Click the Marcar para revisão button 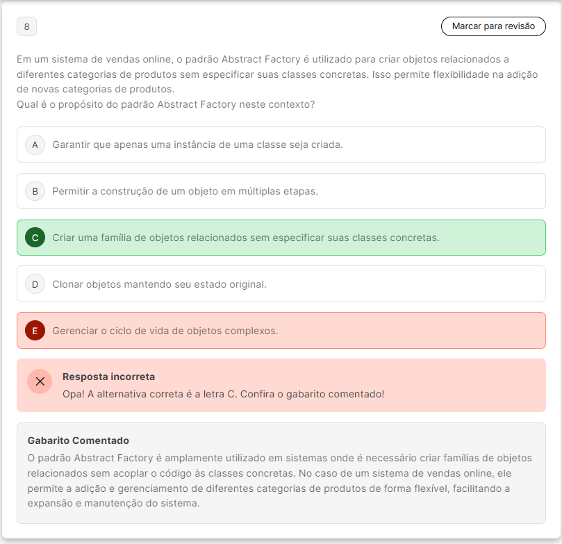[493, 26]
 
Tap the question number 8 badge [26, 26]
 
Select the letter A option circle [35, 145]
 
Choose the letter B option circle [35, 191]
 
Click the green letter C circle [35, 238]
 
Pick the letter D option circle [35, 284]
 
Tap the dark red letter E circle [35, 331]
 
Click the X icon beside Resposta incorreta [40, 381]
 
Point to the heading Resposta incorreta [108, 377]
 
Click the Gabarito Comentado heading [78, 440]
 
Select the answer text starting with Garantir [197, 145]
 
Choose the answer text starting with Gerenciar [165, 331]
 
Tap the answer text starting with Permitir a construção [185, 191]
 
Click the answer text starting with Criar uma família [245, 238]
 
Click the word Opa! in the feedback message [74, 394]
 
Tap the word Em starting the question [24, 58]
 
